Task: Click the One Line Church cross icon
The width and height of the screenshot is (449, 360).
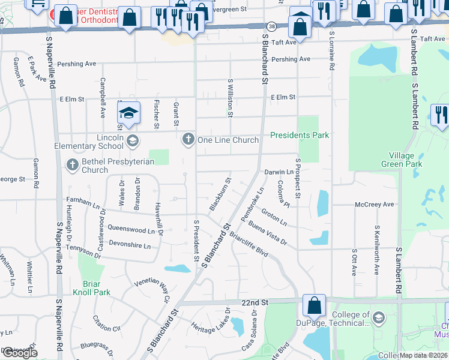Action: tap(188, 140)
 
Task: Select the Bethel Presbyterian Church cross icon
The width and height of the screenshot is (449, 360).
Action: tap(73, 164)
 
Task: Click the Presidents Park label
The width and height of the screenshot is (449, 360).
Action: tap(300, 136)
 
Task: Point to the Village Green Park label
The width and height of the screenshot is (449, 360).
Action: tap(402, 160)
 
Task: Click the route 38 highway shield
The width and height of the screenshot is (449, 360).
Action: tap(272, 27)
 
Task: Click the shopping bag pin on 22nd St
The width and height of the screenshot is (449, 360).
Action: tap(314, 305)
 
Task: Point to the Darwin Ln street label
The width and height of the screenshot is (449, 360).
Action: tap(279, 172)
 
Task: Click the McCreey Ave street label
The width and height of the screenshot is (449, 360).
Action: tap(374, 204)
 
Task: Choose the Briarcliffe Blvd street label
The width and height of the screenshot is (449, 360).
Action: tap(248, 245)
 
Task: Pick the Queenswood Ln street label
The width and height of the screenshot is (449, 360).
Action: tap(127, 229)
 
